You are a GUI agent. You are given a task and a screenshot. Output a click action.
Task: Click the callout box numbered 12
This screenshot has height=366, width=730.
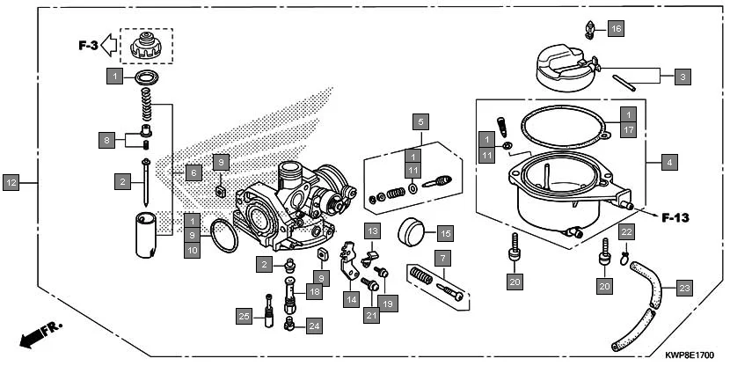pyautogui.click(x=11, y=183)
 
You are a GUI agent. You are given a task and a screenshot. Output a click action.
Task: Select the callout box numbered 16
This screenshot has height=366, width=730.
pyautogui.click(x=615, y=29)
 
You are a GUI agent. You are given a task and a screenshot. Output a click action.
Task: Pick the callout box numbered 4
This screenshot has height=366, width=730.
pyautogui.click(x=670, y=162)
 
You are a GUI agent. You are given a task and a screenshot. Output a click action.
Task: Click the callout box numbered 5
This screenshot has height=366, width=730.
pyautogui.click(x=421, y=121)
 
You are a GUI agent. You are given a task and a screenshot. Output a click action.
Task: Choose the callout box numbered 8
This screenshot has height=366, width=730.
pyautogui.click(x=107, y=140)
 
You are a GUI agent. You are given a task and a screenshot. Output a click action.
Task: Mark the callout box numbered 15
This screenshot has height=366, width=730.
pyautogui.click(x=445, y=233)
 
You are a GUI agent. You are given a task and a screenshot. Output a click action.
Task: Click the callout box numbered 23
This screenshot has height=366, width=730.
pyautogui.click(x=684, y=287)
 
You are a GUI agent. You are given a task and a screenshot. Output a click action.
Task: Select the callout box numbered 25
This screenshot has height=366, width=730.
pyautogui.click(x=245, y=315)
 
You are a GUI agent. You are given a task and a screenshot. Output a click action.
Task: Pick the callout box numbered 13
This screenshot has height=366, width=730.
pyautogui.click(x=372, y=231)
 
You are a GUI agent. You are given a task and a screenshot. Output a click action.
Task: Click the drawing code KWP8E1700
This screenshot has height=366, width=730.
pyautogui.click(x=689, y=355)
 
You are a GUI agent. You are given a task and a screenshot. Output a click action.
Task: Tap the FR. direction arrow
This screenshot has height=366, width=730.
pyautogui.click(x=40, y=335)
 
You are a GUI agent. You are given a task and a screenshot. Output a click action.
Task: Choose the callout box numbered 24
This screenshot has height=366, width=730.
pyautogui.click(x=314, y=326)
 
